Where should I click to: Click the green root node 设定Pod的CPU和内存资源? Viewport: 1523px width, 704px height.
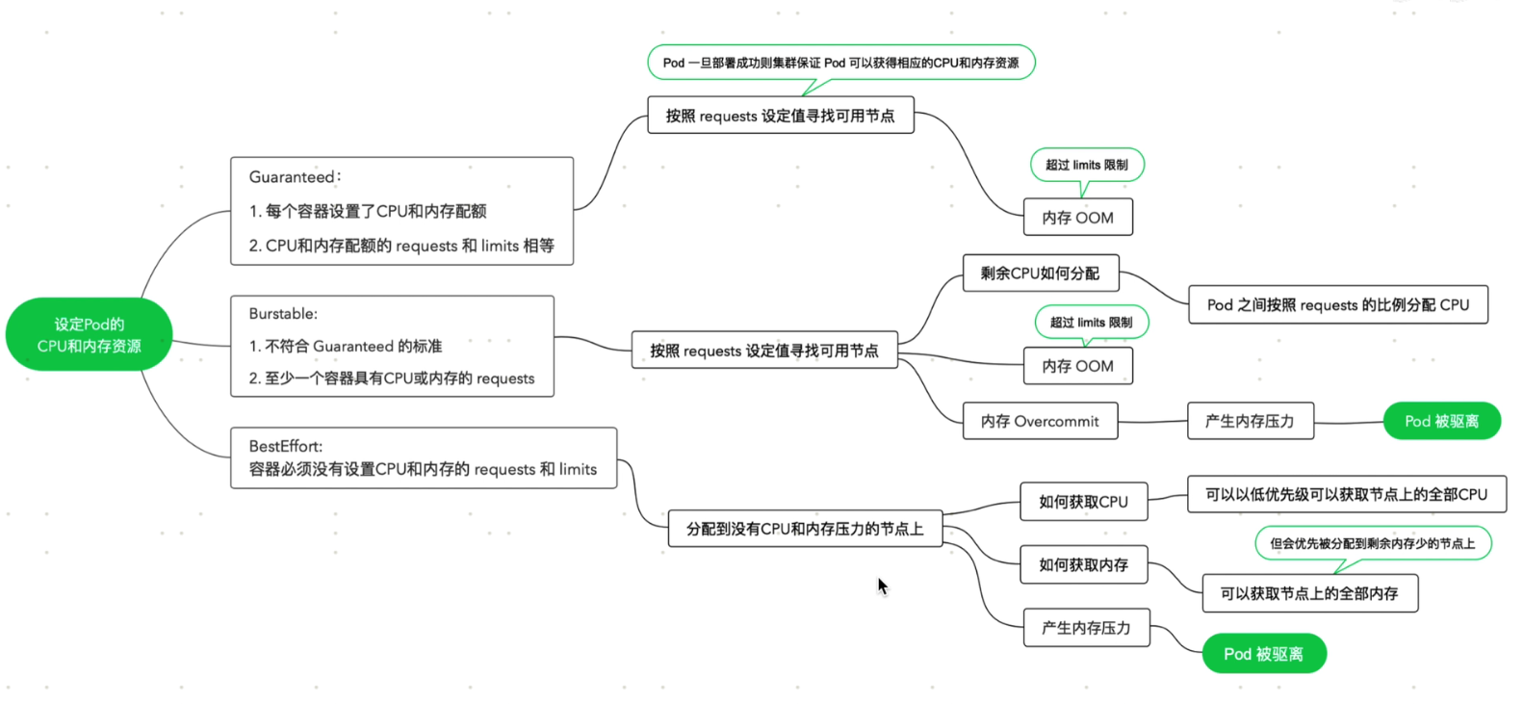(x=89, y=335)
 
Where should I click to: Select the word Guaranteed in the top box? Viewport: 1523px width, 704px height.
(x=291, y=177)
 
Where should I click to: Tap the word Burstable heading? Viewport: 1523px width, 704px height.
(x=281, y=314)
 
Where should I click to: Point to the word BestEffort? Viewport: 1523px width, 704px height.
(x=285, y=446)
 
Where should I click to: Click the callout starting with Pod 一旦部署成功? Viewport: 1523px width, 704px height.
(x=840, y=63)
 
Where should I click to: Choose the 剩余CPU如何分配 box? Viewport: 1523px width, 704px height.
(x=1040, y=274)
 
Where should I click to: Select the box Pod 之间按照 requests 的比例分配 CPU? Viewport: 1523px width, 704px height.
(x=1337, y=305)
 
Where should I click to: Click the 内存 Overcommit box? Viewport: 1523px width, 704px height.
(x=1040, y=421)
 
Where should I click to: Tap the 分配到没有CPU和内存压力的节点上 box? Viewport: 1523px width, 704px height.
(x=804, y=529)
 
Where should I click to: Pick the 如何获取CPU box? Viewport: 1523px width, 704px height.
(x=1083, y=502)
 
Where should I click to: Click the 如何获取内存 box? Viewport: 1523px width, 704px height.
(x=1083, y=565)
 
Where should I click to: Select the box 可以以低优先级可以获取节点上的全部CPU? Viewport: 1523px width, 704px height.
(x=1346, y=494)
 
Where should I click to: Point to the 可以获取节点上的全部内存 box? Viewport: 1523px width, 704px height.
(x=1309, y=593)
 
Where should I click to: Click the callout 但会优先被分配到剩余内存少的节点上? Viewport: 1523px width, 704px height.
(x=1372, y=543)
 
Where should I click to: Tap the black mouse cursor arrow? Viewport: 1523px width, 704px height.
(x=882, y=586)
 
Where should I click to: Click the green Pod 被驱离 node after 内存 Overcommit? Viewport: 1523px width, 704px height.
(x=1441, y=421)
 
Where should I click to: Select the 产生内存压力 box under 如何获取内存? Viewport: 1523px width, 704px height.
(x=1086, y=628)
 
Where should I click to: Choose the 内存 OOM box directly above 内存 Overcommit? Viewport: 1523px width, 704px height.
(x=1077, y=366)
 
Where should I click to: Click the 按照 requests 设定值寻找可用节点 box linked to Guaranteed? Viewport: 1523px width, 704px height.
(x=780, y=116)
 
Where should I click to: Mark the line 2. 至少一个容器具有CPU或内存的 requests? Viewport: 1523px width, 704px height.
(x=391, y=378)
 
